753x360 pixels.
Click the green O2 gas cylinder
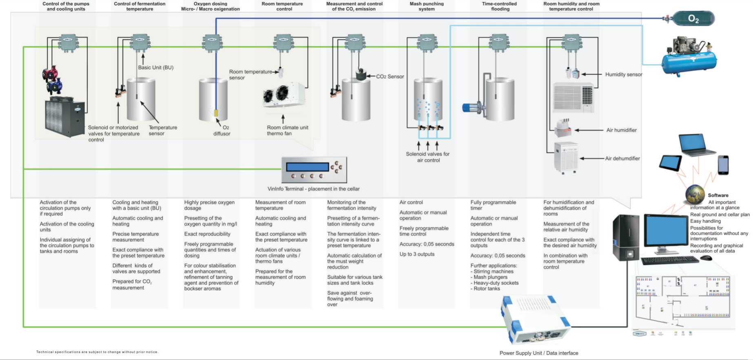[x=693, y=18]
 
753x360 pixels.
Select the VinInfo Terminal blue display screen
[x=307, y=167]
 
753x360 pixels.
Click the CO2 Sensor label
[x=390, y=76]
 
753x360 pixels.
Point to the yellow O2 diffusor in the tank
[x=216, y=113]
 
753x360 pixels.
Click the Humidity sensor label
[x=623, y=74]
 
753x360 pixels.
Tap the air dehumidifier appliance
[x=566, y=157]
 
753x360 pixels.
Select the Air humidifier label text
[x=621, y=130]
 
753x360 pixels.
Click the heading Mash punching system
[x=426, y=6]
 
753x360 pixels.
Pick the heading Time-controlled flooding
[x=499, y=6]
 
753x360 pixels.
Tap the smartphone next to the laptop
[x=723, y=165]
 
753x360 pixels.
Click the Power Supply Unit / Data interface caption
[x=538, y=353]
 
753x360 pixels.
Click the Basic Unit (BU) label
[x=155, y=67]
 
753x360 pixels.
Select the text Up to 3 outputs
[x=417, y=254]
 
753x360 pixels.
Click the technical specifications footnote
[x=97, y=352]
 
